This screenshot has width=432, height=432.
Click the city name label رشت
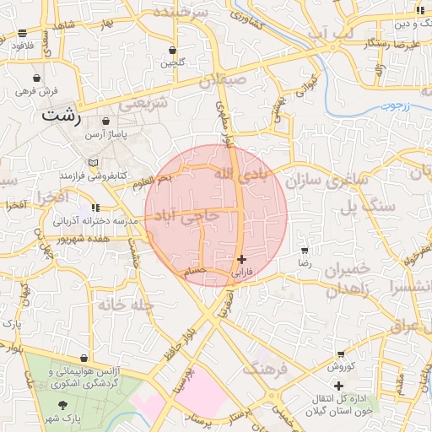[x=62, y=116]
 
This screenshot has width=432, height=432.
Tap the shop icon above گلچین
[x=173, y=51]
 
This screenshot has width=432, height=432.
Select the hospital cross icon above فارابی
[x=242, y=260]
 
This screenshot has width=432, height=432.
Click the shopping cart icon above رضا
[x=305, y=251]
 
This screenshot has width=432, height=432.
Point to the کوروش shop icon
[x=340, y=355]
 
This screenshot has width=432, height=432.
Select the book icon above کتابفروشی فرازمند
[x=93, y=162]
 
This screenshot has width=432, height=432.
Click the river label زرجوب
[x=392, y=105]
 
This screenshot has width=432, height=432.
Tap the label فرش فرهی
[x=36, y=89]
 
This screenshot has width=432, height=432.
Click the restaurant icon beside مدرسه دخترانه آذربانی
[x=95, y=207]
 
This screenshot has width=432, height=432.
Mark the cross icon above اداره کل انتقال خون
[x=339, y=386]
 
